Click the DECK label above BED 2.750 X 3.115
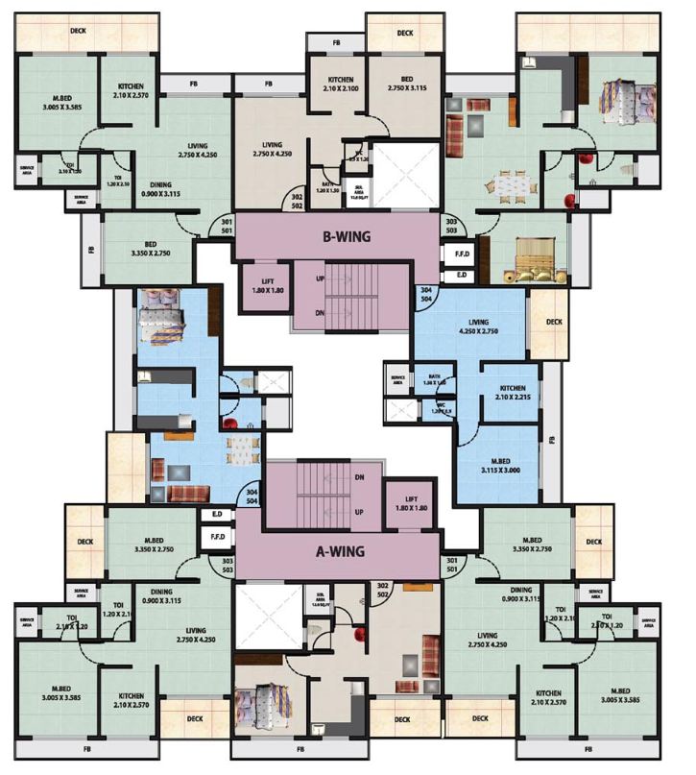[404, 33]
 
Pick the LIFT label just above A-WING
[409, 502]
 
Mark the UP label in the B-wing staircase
[320, 278]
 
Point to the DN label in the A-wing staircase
[358, 476]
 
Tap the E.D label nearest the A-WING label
[217, 515]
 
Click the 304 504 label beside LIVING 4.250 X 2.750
[424, 294]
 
